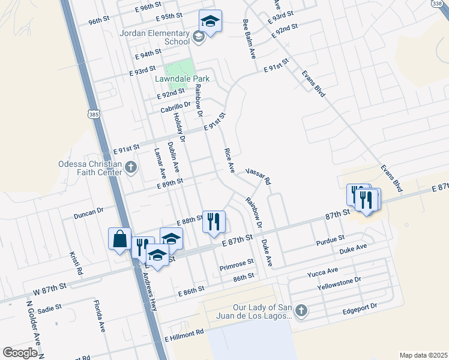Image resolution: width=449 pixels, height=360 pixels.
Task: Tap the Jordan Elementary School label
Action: [155, 38]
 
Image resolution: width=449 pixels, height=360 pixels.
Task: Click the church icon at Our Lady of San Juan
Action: [301, 310]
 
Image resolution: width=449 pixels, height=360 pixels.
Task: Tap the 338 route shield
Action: [442, 4]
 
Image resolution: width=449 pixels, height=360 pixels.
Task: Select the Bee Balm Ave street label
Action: [249, 38]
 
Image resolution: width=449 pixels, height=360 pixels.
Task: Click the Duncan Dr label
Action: [89, 212]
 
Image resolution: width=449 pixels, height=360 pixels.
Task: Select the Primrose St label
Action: [237, 265]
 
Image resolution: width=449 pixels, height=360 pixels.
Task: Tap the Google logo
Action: [20, 353]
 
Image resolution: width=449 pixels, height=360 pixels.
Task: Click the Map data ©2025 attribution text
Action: [423, 355]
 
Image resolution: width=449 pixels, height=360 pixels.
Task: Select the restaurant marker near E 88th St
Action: [214, 221]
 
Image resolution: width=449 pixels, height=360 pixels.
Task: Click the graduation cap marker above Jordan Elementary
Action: [210, 21]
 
